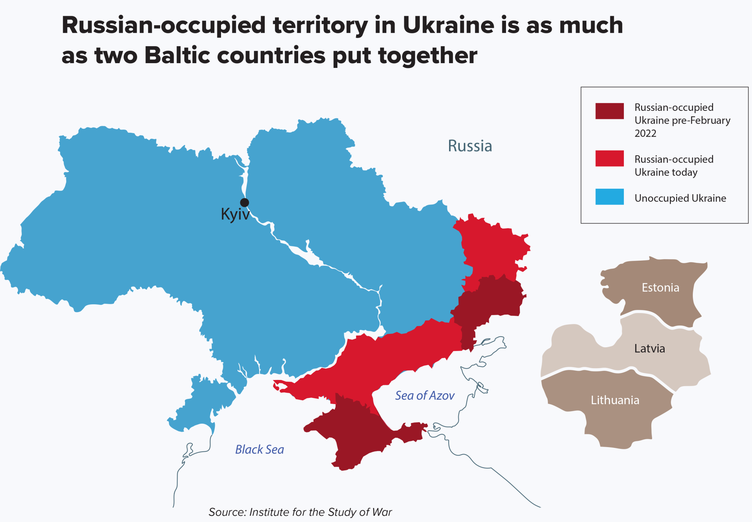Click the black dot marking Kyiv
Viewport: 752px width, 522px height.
[245, 202]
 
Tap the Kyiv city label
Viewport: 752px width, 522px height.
[235, 214]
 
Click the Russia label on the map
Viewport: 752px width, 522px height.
[470, 146]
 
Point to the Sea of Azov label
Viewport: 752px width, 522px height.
[424, 395]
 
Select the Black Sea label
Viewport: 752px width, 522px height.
[259, 449]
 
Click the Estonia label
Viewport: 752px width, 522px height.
[660, 287]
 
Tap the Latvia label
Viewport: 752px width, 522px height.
[650, 348]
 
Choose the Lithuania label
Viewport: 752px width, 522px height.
[615, 400]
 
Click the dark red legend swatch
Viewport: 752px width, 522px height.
[609, 111]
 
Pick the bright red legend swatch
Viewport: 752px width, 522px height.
[609, 158]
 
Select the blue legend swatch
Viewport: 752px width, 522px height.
[609, 196]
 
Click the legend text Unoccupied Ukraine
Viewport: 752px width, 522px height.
[680, 198]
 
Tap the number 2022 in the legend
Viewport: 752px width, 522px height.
[645, 133]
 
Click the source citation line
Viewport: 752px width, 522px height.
[300, 512]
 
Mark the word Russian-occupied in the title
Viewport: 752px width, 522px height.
[163, 26]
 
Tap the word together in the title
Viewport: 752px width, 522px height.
[427, 56]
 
